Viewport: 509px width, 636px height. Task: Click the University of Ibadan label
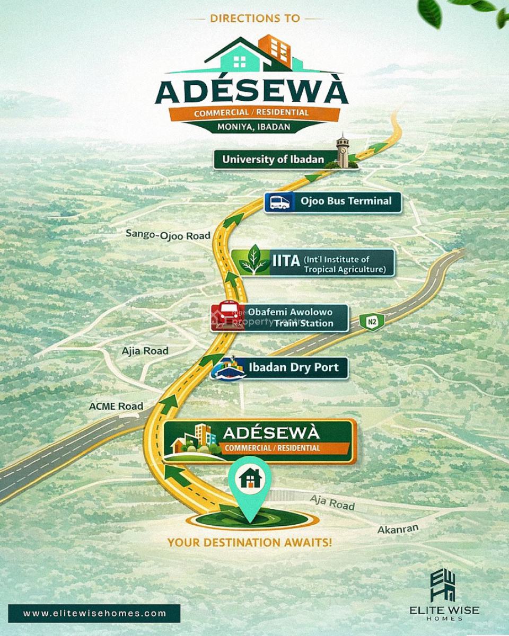click(x=273, y=159)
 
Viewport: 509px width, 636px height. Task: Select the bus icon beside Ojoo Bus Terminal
click(x=279, y=202)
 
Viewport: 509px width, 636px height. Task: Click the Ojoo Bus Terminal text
click(x=346, y=201)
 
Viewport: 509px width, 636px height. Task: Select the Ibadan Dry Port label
click(x=293, y=367)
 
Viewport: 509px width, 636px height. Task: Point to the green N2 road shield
click(x=372, y=321)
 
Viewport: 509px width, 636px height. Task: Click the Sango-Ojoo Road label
click(x=168, y=234)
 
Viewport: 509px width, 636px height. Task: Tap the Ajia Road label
click(x=145, y=351)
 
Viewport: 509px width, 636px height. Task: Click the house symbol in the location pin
click(x=250, y=479)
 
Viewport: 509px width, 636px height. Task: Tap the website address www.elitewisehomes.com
click(x=95, y=614)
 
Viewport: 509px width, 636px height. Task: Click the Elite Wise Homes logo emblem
click(x=444, y=586)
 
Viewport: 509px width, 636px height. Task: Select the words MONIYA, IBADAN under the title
click(x=253, y=127)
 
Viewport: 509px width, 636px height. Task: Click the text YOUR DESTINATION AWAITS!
click(x=250, y=543)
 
